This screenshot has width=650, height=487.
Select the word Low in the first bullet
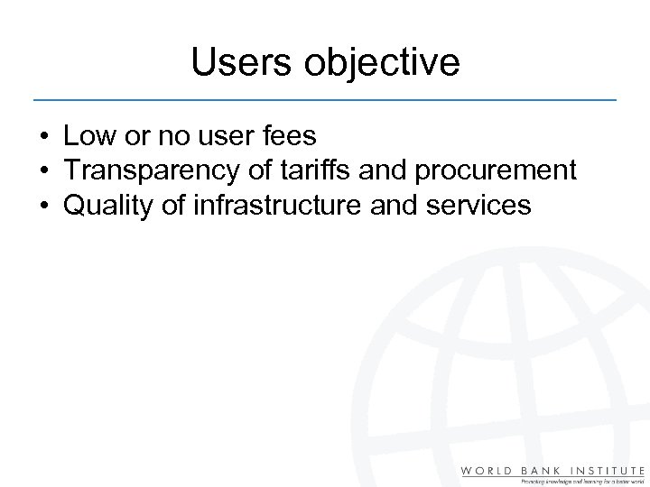click(87, 136)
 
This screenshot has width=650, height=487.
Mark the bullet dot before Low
click(43, 137)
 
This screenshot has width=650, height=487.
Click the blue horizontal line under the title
click(325, 97)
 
